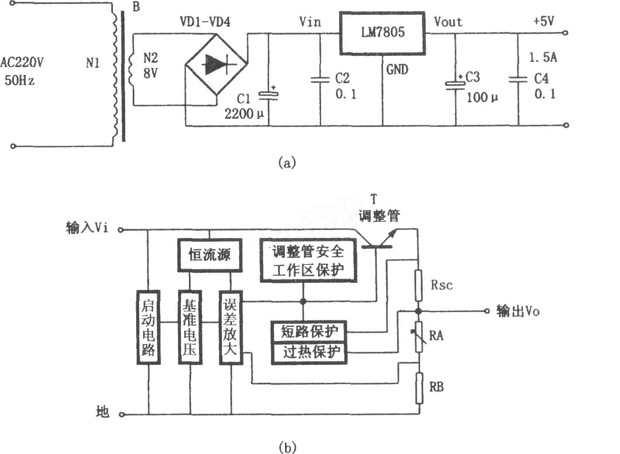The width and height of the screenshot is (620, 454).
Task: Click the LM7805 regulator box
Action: [383, 33]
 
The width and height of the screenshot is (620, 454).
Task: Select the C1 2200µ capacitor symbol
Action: [268, 95]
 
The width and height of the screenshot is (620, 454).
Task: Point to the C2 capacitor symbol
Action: [320, 80]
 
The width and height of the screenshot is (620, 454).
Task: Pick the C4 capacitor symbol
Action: [518, 80]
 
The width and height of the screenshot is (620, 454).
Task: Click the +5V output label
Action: [544, 21]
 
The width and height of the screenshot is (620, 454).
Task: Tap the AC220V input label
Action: [21, 62]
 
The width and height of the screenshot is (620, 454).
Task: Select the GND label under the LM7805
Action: [397, 69]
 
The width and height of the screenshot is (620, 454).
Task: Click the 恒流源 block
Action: [209, 255]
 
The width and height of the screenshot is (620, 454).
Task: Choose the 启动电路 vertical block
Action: [149, 327]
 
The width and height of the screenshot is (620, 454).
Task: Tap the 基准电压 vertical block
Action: [190, 327]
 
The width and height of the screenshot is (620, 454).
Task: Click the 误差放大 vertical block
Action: [231, 327]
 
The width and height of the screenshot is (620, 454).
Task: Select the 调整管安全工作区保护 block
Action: [308, 261]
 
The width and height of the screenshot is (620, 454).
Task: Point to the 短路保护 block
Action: [309, 332]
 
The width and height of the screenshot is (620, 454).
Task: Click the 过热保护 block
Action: [309, 353]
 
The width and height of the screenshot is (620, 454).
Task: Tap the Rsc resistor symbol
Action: [418, 285]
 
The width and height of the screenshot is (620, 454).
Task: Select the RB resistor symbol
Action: [419, 388]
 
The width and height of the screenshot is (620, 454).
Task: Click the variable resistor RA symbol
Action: [419, 337]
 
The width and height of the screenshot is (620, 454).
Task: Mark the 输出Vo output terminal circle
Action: [487, 311]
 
